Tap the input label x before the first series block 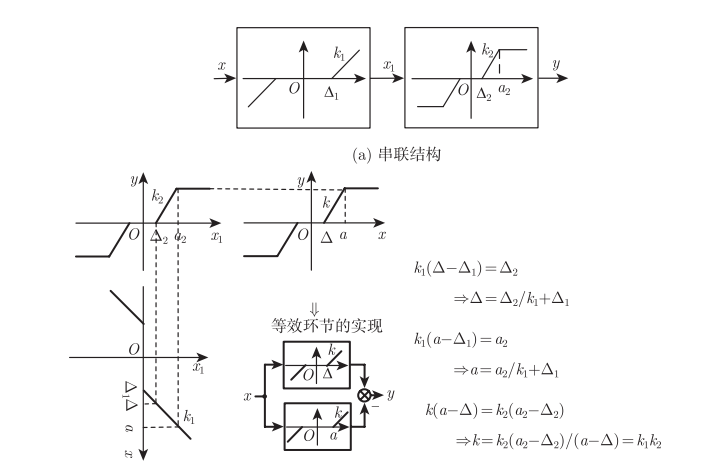point(220,66)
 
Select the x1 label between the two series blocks point(387,66)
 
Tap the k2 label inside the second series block point(488,49)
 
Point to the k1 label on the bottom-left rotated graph point(188,414)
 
